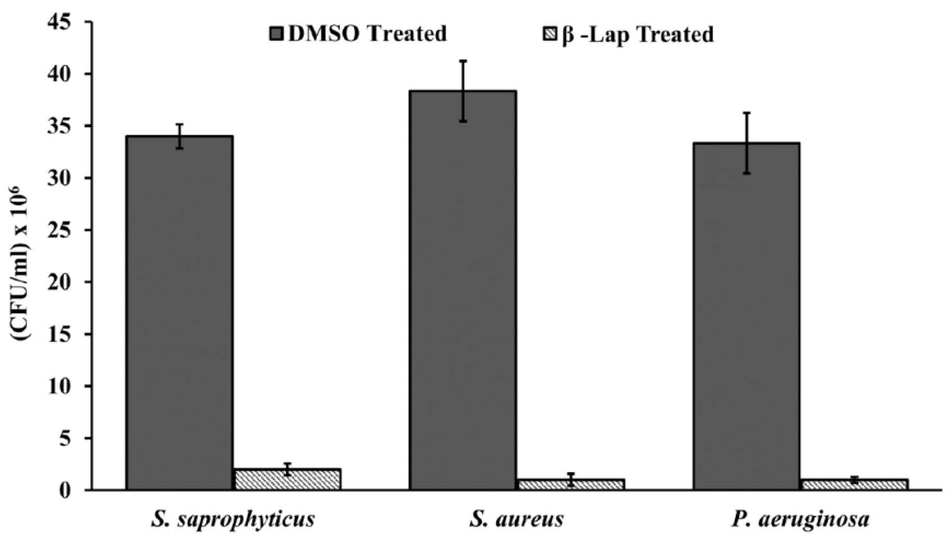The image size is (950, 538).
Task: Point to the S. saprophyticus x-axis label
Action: click(233, 519)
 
